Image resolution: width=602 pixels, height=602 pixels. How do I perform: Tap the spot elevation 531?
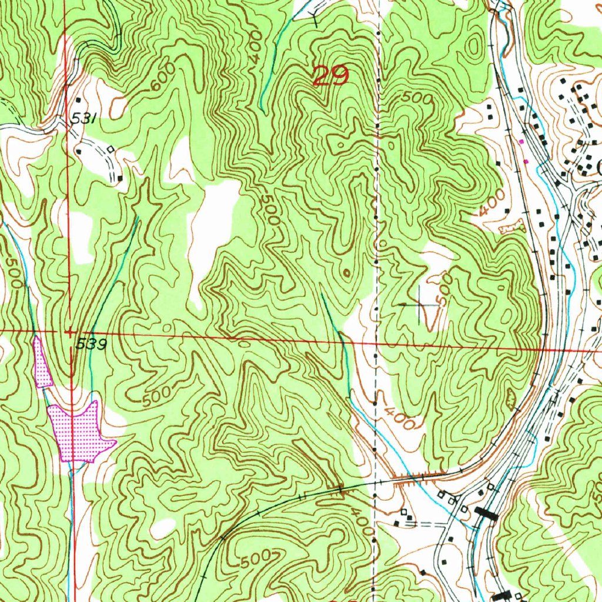(83, 119)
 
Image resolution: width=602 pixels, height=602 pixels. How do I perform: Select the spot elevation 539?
(91, 345)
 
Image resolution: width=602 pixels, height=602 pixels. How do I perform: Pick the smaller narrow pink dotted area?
(42, 362)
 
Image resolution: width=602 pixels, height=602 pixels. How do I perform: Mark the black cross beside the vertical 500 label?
(418, 305)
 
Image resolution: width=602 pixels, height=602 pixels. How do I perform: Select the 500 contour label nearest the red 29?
(416, 98)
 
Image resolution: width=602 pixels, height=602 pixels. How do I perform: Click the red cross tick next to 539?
(69, 332)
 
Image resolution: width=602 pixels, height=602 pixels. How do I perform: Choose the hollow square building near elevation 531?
(110, 150)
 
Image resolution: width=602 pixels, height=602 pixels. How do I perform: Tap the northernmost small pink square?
(521, 141)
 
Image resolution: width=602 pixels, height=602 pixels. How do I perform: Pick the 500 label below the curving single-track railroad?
(258, 558)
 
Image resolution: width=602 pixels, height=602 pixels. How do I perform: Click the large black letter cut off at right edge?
(598, 168)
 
